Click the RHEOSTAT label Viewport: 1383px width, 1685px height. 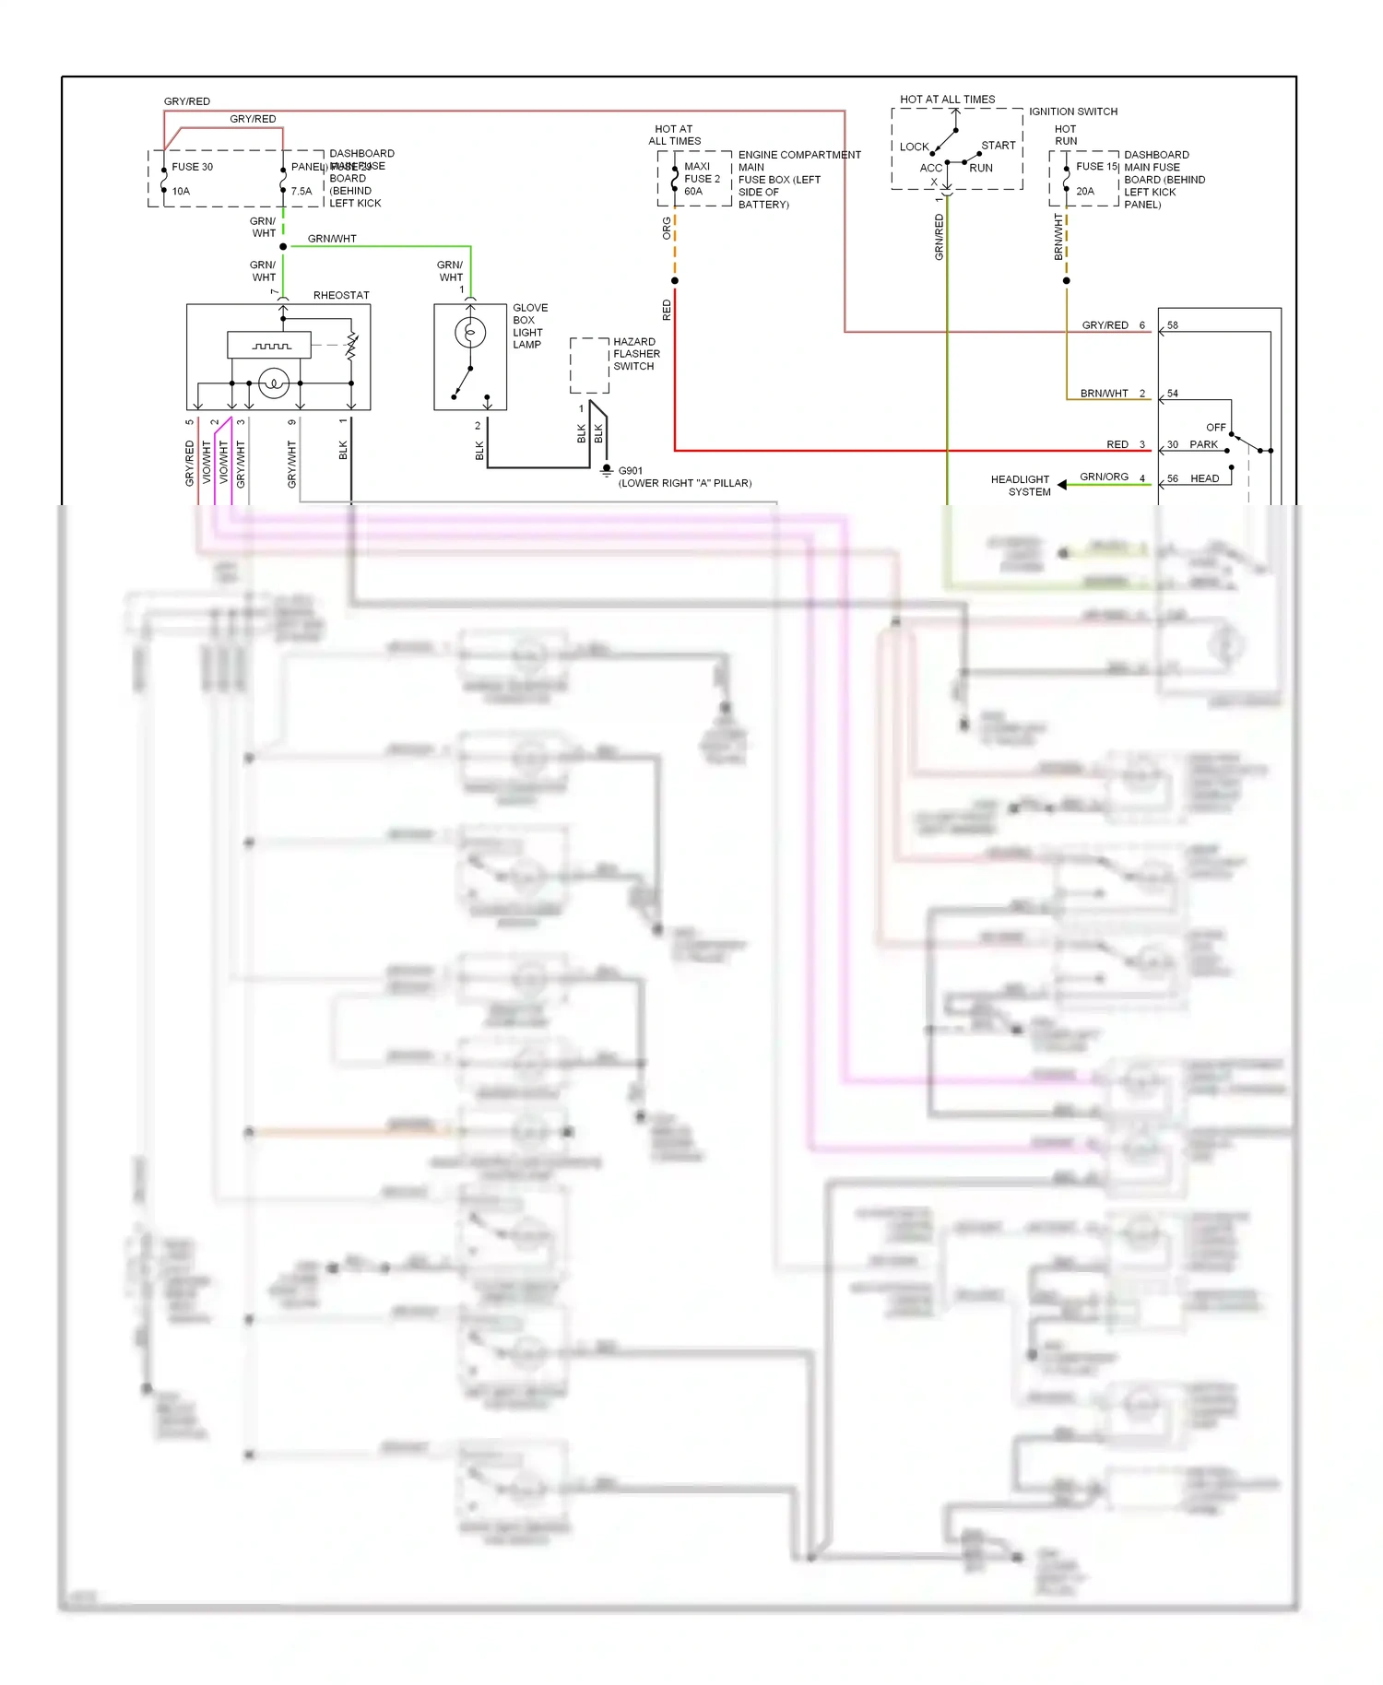click(341, 295)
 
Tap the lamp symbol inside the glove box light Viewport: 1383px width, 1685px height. click(470, 332)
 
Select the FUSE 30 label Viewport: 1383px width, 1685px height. click(192, 167)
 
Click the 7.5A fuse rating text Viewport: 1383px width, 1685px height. click(301, 192)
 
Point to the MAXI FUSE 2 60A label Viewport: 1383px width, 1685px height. click(702, 179)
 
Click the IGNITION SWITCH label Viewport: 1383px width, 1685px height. click(1073, 112)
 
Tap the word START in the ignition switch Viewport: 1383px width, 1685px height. click(998, 146)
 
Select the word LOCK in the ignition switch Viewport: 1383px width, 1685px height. click(914, 147)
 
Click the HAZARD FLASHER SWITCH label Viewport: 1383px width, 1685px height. click(636, 354)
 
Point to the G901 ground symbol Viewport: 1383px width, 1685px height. click(606, 471)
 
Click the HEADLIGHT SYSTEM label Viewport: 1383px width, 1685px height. click(1021, 486)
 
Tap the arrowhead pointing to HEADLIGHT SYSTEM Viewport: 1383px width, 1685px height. click(1062, 484)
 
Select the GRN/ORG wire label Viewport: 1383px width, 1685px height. click(1104, 477)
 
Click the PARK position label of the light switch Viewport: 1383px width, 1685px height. click(1203, 444)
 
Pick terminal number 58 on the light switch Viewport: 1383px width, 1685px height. click(1172, 325)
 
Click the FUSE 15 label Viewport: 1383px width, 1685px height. click(1096, 167)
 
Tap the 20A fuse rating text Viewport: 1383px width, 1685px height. click(1085, 192)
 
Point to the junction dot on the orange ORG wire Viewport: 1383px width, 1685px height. click(675, 280)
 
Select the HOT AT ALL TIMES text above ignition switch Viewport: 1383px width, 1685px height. click(947, 100)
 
